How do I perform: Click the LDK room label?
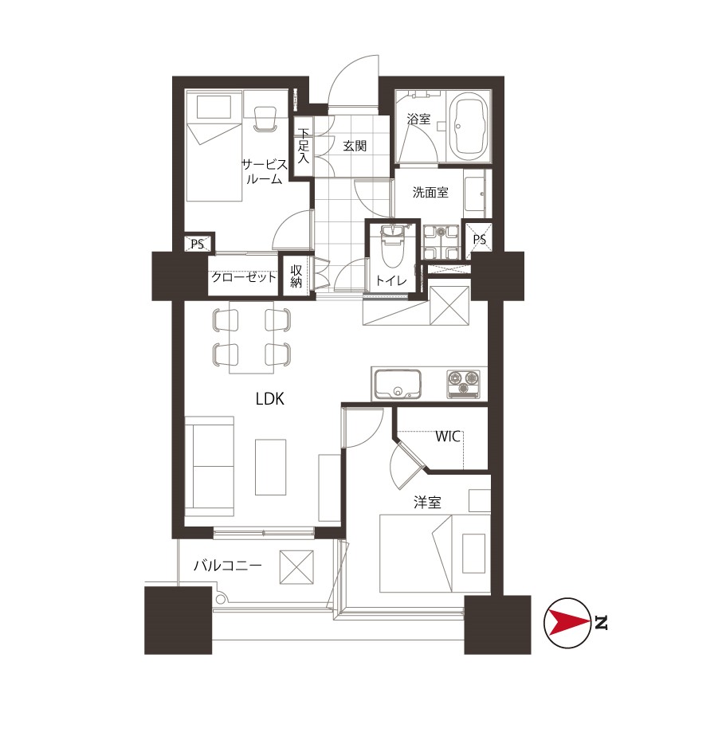point(270,399)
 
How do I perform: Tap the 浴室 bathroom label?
point(418,119)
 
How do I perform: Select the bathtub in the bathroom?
point(469,126)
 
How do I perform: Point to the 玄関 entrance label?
point(355,146)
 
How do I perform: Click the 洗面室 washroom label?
point(430,192)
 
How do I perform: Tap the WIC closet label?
point(448,436)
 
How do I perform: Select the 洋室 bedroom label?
point(427,503)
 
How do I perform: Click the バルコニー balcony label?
point(228,566)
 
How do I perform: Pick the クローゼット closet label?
point(244,277)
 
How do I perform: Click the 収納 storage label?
point(296,276)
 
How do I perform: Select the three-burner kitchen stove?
point(463,384)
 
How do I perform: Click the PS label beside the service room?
point(197,244)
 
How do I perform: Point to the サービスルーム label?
point(265,171)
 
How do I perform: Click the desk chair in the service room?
point(265,119)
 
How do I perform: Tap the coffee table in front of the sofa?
point(270,467)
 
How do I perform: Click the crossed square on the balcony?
point(296,567)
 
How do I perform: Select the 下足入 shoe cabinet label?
point(304,146)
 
